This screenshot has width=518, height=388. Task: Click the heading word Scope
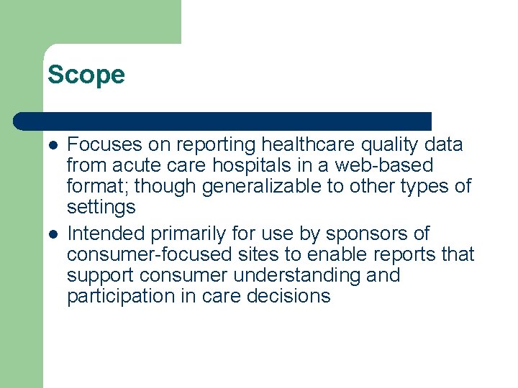[x=86, y=75]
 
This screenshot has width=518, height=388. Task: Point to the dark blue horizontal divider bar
[x=223, y=121]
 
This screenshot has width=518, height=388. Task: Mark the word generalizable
[x=265, y=187]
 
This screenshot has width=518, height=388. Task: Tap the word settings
[x=101, y=208]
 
